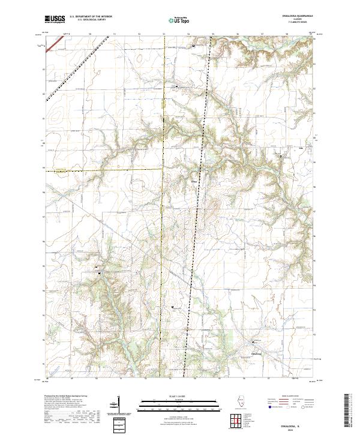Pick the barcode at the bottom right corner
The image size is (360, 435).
[x=347, y=413]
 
